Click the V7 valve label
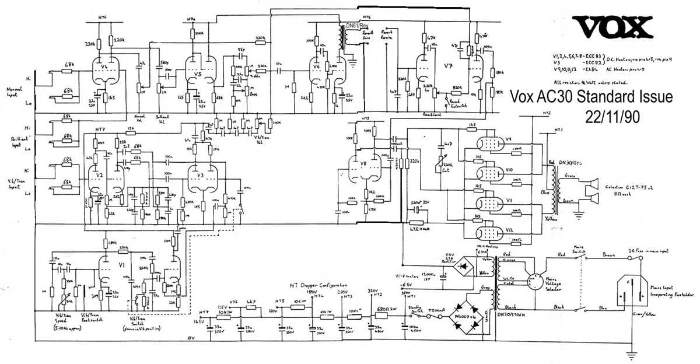(447, 65)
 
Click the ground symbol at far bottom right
(631, 353)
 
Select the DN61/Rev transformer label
(356, 26)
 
